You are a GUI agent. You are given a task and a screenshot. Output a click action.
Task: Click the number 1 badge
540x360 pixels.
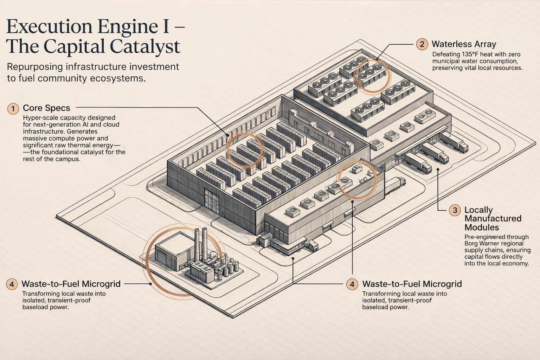pos(13,109)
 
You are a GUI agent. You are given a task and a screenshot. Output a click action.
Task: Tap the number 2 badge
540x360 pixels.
pos(422,44)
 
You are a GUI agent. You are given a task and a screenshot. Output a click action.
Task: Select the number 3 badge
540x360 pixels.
pos(455,210)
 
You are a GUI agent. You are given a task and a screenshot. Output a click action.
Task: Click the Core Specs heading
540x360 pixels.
pos(46,108)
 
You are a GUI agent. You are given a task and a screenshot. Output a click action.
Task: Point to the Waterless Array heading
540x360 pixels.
pos(464,44)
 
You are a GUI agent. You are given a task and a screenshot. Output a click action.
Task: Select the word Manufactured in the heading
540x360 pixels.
pos(493,219)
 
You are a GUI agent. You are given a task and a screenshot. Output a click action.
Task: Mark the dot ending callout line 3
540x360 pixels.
pos(438,169)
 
